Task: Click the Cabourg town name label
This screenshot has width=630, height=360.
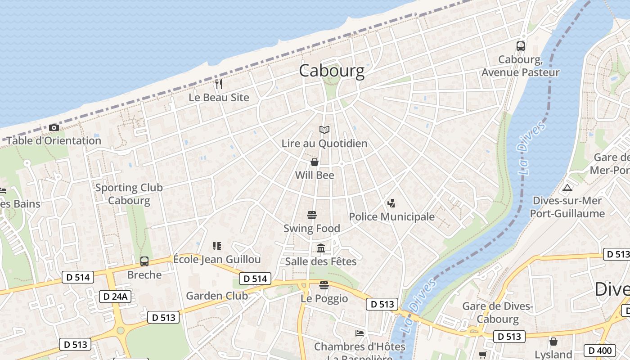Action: pos(332,71)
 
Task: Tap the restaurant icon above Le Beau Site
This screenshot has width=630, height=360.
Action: pos(219,84)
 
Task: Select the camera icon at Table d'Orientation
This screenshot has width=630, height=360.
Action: pos(54,127)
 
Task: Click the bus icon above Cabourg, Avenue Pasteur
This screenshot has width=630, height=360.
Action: pos(521,46)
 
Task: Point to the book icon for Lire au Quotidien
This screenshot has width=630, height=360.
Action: pos(324,130)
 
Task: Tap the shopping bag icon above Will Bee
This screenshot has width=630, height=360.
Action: pos(315,162)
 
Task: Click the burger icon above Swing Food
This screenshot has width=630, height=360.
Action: pos(312,215)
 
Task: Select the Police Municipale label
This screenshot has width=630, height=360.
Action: pos(392,217)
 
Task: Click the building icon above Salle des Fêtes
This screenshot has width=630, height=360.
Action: pos(321,248)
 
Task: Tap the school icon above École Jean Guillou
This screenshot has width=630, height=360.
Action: pos(217,246)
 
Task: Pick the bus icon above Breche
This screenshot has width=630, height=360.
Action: pos(144,261)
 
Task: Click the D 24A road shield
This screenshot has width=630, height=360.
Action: pos(115,296)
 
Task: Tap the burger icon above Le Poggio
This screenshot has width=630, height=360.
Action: pos(324,285)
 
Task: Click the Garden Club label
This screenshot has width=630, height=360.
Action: pos(217,296)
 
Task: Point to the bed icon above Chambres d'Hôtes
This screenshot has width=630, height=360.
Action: pos(360,333)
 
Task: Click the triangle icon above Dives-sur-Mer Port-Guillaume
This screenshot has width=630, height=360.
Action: pos(567,188)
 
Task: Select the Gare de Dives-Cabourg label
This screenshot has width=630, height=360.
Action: pos(498,313)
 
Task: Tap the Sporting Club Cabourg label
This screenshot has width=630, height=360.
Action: pos(129,194)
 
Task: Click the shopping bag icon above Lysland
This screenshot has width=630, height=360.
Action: pos(553,342)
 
